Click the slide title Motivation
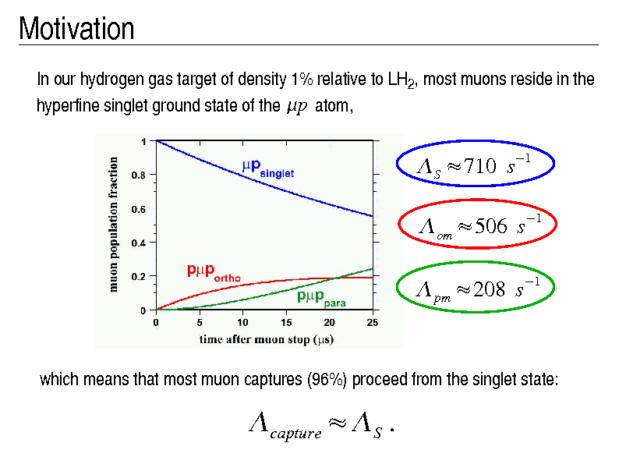coord(76,30)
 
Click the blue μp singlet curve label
coord(267,167)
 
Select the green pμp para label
coord(320,297)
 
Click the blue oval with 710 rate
coord(476,164)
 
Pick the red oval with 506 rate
coord(476,225)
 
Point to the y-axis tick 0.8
coord(138,175)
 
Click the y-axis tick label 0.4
coord(138,243)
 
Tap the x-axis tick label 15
coord(286,322)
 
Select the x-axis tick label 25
coord(373,322)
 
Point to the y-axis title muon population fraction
coord(114,225)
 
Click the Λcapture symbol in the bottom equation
coord(285,427)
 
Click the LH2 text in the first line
coord(399,80)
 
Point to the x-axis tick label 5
coord(200,322)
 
